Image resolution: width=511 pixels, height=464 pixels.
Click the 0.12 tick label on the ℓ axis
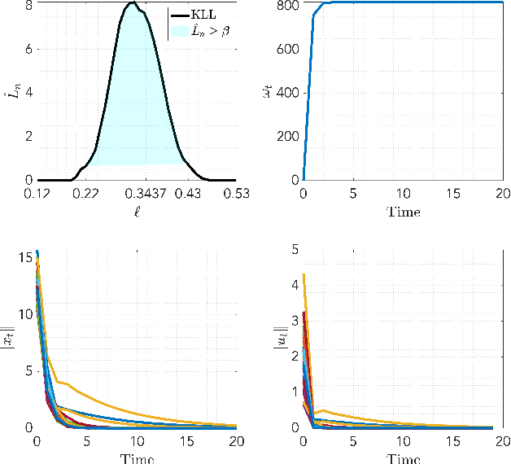38,194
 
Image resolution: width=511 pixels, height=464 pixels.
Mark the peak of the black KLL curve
133,3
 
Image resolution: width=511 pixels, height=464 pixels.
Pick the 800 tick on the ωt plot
287,5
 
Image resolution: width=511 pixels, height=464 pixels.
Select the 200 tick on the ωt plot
287,136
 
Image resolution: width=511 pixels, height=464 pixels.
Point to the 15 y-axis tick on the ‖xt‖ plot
24,258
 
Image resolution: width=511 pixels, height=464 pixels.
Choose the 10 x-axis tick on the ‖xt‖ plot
137,441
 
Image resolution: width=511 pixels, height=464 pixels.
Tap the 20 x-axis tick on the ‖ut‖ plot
501,441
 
